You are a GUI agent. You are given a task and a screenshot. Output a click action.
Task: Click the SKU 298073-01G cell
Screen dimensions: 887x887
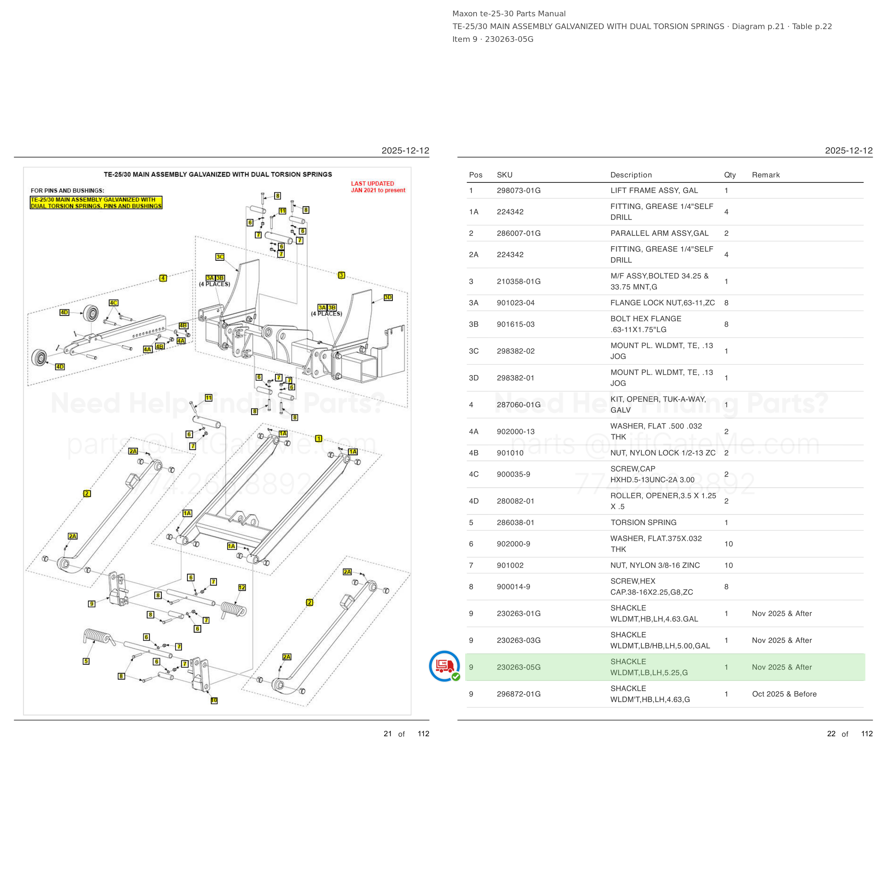518,191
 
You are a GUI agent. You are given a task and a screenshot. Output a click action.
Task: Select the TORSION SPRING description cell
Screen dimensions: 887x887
643,523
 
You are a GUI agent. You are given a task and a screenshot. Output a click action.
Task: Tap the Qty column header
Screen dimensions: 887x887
729,175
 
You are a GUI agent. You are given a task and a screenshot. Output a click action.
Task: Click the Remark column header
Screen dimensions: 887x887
766,175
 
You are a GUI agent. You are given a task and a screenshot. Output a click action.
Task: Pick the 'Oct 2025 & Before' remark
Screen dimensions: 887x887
784,694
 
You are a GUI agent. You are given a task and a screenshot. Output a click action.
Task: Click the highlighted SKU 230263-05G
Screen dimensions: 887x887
518,667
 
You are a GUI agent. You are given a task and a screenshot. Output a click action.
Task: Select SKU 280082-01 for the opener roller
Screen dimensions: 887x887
515,501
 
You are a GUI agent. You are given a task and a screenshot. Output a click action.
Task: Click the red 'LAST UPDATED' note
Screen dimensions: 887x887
378,187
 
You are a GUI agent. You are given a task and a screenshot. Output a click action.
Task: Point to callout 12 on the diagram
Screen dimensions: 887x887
242,588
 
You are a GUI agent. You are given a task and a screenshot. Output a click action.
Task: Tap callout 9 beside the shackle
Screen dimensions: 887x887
92,604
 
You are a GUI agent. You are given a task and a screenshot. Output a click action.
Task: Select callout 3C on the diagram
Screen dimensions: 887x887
220,257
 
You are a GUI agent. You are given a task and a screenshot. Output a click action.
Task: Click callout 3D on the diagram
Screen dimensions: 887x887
388,298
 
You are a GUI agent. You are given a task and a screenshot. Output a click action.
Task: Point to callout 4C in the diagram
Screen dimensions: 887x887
114,303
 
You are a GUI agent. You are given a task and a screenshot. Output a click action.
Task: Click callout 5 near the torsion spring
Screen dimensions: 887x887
86,661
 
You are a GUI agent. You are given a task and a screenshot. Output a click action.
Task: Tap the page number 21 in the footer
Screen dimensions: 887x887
387,734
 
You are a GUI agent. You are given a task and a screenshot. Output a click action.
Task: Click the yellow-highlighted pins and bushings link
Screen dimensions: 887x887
96,203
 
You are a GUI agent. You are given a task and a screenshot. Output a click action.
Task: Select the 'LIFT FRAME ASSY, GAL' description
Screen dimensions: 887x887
654,191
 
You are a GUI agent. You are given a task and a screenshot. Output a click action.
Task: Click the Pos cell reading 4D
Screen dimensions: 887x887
474,501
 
